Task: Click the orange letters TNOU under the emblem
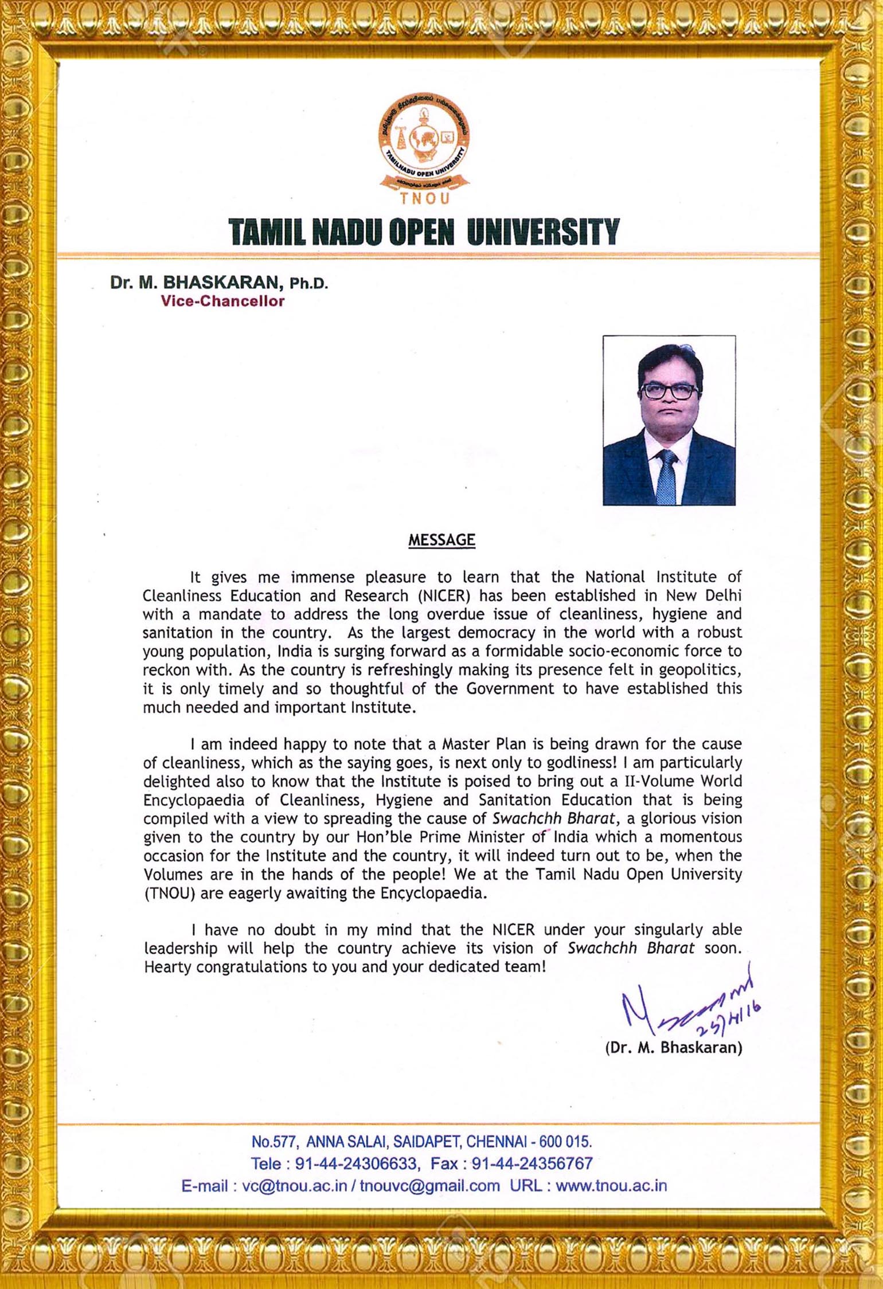coord(424,199)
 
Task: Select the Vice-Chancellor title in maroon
coord(222,301)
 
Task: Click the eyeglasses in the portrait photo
coord(669,391)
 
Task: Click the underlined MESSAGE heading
coord(442,540)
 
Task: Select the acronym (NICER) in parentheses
coord(446,595)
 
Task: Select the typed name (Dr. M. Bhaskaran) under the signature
coord(674,1048)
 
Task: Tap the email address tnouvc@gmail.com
coord(430,1185)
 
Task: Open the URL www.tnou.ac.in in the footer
coord(611,1185)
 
